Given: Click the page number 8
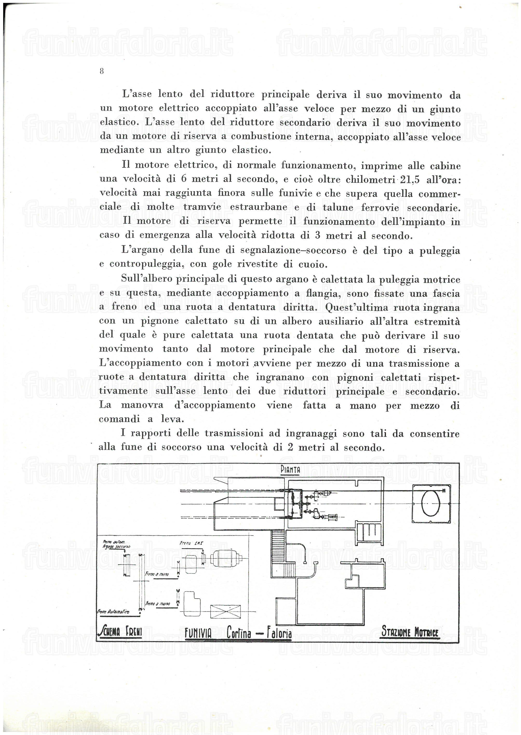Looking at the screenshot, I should [102, 71].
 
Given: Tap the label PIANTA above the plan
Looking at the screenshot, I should [290, 470].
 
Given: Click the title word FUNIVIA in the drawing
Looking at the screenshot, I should [198, 633].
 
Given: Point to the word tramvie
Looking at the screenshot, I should [202, 207].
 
